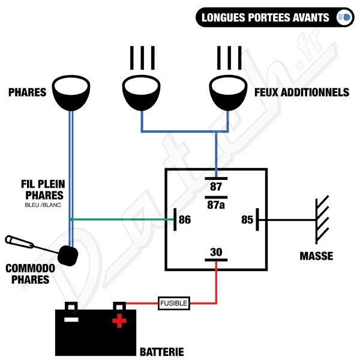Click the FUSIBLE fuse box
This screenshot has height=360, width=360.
tap(174, 303)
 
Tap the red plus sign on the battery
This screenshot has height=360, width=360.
tap(119, 321)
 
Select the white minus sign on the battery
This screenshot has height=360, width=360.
tap(71, 319)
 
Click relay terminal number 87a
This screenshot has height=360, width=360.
tap(216, 205)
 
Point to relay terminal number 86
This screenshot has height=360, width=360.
tap(185, 220)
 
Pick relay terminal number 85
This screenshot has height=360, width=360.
tap(247, 220)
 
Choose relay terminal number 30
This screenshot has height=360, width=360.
tap(216, 252)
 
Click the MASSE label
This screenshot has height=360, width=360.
tap(316, 256)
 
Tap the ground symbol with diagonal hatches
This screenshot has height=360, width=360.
tap(322, 220)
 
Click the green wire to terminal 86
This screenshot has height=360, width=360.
tap(122, 220)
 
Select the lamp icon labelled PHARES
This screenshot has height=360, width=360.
tap(71, 93)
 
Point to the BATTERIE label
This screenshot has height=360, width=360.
tap(162, 352)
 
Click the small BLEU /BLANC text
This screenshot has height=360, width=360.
tap(43, 205)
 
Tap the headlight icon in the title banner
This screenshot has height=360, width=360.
tap(344, 17)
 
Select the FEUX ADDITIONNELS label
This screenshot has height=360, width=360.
tap(302, 92)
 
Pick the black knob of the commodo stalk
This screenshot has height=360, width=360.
tap(68, 256)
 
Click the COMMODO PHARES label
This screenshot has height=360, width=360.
tap(30, 274)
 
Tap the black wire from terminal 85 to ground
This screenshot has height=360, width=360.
tap(287, 220)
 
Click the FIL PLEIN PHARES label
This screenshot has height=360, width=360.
tap(43, 190)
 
